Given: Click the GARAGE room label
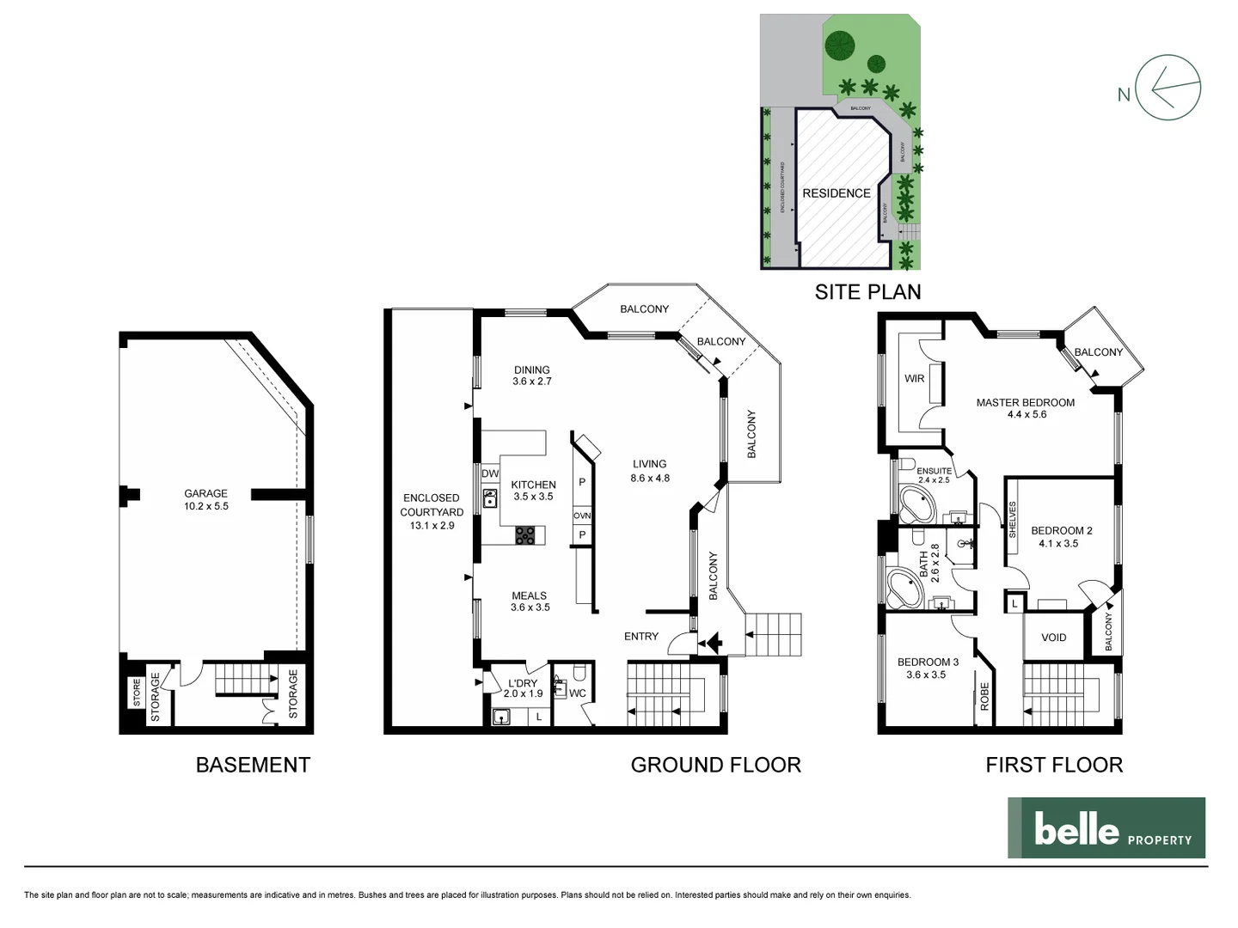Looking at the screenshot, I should pyautogui.click(x=206, y=494).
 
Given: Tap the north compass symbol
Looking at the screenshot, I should pyautogui.click(x=1167, y=89).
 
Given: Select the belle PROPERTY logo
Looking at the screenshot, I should pyautogui.click(x=1106, y=828).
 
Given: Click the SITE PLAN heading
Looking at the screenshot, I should pyautogui.click(x=867, y=292).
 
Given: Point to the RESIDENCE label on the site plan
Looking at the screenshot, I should pyautogui.click(x=837, y=193).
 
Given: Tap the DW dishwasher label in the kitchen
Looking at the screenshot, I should pyautogui.click(x=490, y=474).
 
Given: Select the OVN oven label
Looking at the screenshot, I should pyautogui.click(x=582, y=516).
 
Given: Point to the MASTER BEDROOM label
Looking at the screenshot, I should pyautogui.click(x=1025, y=402).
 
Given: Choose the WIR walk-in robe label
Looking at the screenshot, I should pyautogui.click(x=914, y=379).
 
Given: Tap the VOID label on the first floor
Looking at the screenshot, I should pyautogui.click(x=1053, y=638).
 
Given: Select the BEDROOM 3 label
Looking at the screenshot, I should pyautogui.click(x=928, y=662).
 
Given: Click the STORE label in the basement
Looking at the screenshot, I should pyautogui.click(x=137, y=693).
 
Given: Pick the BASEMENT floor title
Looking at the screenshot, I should pyautogui.click(x=253, y=765).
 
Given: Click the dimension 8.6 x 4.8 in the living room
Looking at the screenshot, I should pyautogui.click(x=649, y=478).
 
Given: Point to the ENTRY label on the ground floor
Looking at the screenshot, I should pyautogui.click(x=641, y=637).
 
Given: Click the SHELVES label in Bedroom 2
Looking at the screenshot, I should pyautogui.click(x=1013, y=520).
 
